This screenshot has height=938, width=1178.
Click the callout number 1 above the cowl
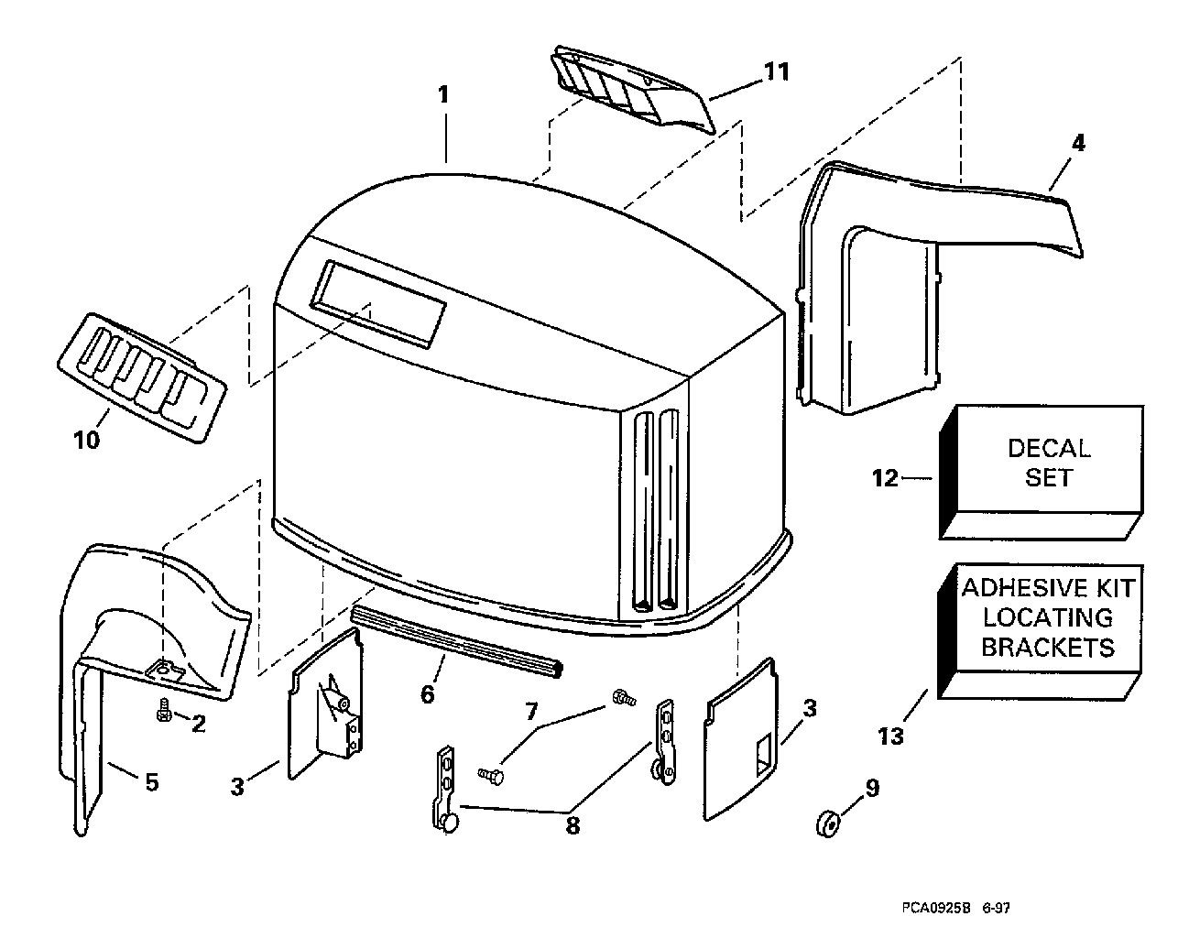click(x=443, y=94)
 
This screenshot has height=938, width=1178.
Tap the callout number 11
click(x=776, y=72)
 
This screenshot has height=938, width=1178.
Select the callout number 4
click(x=1078, y=143)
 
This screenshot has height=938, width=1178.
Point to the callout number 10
click(x=87, y=440)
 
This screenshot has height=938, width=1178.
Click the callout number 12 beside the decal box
click(x=885, y=478)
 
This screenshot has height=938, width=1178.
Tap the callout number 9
click(x=872, y=788)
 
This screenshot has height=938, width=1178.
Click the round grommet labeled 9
click(x=828, y=824)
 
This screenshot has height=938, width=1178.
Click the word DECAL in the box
click(x=1049, y=449)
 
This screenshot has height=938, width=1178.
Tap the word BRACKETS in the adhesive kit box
click(x=1047, y=648)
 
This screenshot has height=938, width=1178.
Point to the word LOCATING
click(x=1047, y=618)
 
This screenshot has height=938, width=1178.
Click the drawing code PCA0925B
click(x=935, y=908)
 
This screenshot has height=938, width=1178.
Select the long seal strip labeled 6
click(x=456, y=641)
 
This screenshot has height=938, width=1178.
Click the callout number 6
click(x=428, y=694)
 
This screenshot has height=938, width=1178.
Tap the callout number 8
click(x=573, y=825)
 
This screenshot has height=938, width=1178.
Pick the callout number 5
click(x=152, y=782)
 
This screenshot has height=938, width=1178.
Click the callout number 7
click(x=531, y=712)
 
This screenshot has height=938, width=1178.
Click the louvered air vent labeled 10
click(x=142, y=377)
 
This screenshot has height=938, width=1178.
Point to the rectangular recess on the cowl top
click(x=377, y=303)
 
